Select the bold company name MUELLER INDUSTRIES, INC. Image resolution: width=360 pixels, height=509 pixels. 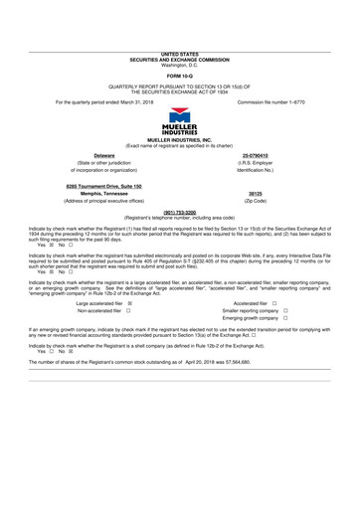[180, 141]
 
